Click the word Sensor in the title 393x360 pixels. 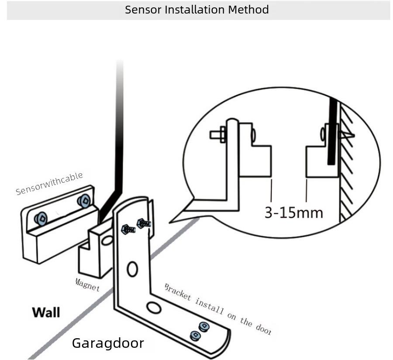click(x=143, y=10)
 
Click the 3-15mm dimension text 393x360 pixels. click(x=293, y=213)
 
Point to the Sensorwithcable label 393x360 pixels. click(x=49, y=184)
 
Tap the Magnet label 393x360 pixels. click(x=87, y=285)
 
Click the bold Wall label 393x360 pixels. click(x=46, y=312)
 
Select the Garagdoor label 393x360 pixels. click(x=107, y=343)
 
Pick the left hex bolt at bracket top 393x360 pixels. click(x=127, y=228)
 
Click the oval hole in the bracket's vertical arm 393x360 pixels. click(x=132, y=269)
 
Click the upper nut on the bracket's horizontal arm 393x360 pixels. click(x=203, y=326)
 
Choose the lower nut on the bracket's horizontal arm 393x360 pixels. click(x=195, y=335)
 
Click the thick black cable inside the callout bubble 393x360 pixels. click(x=332, y=131)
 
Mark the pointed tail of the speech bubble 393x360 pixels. click(x=171, y=221)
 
